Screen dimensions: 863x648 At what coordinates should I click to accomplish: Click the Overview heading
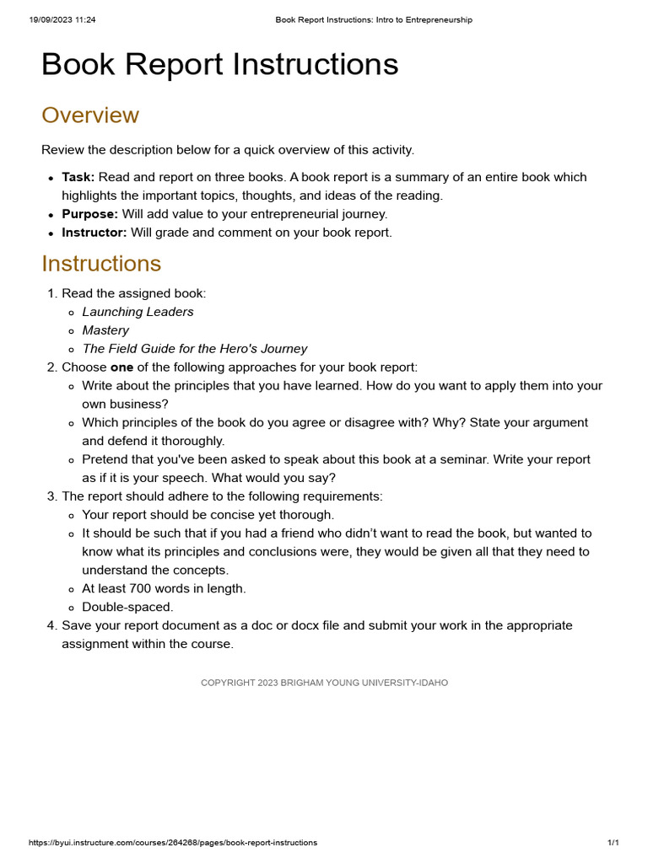click(x=90, y=115)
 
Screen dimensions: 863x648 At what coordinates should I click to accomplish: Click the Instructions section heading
click(x=101, y=264)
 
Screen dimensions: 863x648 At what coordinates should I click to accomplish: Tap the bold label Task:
click(x=78, y=177)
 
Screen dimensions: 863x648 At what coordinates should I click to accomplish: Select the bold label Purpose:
click(x=89, y=214)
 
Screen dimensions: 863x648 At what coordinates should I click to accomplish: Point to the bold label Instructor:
click(x=94, y=233)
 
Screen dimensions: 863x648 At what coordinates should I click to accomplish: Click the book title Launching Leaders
click(x=138, y=312)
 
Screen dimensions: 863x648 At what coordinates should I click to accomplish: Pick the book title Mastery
click(x=105, y=330)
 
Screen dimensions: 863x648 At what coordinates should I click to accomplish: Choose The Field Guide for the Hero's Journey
click(x=194, y=349)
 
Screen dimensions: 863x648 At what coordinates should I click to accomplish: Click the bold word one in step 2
click(x=121, y=367)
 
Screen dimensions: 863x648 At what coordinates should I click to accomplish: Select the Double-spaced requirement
click(x=127, y=608)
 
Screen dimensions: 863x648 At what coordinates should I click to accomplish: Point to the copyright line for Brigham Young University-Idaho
click(x=324, y=683)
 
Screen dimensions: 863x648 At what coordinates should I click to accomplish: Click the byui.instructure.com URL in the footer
click(x=173, y=843)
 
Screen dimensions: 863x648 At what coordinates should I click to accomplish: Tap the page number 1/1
click(x=613, y=843)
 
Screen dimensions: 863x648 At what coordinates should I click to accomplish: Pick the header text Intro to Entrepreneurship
click(x=426, y=20)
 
